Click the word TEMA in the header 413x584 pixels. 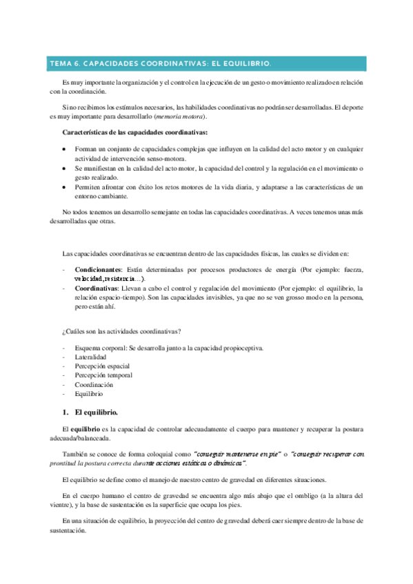tap(59, 63)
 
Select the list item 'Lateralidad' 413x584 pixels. tap(90, 357)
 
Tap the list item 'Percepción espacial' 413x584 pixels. tap(103, 366)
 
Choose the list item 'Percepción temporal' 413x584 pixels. tap(104, 375)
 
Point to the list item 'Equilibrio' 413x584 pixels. tap(90, 394)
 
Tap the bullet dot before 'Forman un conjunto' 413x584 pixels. tap(64, 148)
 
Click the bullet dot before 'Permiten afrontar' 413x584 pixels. tap(64, 187)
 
